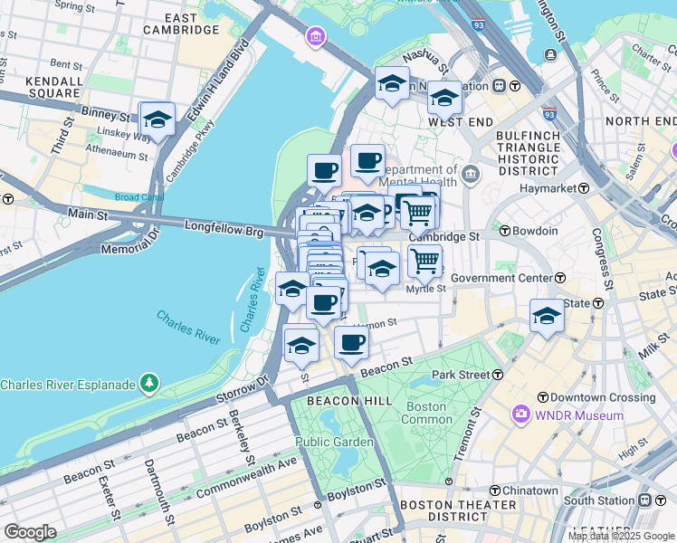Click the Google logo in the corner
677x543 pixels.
(30, 532)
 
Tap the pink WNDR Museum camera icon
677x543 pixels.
(520, 415)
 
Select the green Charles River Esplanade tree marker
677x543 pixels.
(149, 385)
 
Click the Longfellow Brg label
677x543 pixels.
(224, 232)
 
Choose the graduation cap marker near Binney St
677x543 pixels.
(157, 119)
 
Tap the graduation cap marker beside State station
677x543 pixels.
(547, 316)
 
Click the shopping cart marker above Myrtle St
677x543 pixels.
(424, 261)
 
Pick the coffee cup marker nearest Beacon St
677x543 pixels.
(351, 342)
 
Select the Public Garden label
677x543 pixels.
(334, 442)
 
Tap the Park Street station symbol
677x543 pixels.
(498, 374)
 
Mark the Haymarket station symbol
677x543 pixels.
(584, 188)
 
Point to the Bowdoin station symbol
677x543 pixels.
(505, 231)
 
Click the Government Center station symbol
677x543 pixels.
(560, 278)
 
